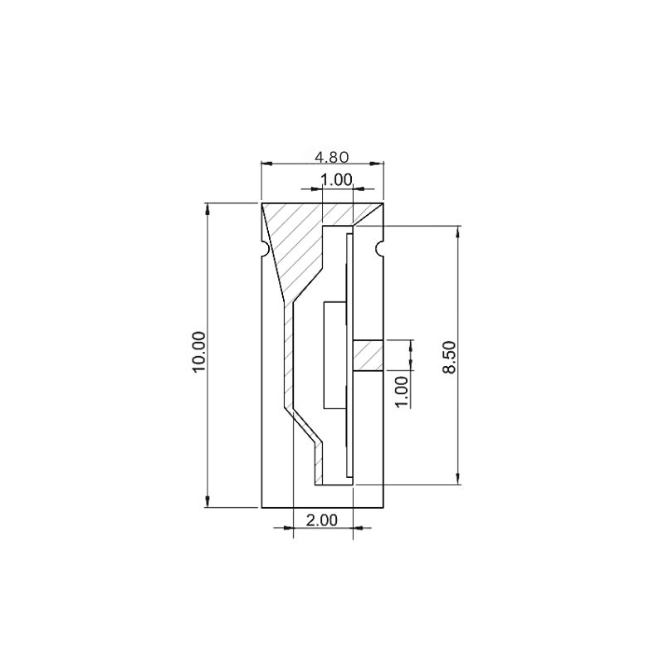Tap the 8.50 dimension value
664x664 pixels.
coord(449,356)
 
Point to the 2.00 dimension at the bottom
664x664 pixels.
coord(322,520)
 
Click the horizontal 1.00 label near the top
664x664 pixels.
coord(336,179)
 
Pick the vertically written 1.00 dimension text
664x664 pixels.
coord(402,390)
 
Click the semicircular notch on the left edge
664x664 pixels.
coord(264,248)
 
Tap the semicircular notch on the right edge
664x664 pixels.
coord(380,248)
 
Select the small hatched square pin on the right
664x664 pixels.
coord(368,356)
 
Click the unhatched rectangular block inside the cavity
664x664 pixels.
coord(333,354)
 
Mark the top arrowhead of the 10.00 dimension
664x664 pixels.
coord(207,209)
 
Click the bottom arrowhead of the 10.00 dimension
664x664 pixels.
coord(207,500)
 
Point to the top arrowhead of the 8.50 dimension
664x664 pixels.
coord(456,232)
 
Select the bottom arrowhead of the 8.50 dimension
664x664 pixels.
coord(456,478)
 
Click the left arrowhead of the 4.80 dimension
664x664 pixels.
coord(268,164)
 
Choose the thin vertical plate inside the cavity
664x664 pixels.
coord(349,354)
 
